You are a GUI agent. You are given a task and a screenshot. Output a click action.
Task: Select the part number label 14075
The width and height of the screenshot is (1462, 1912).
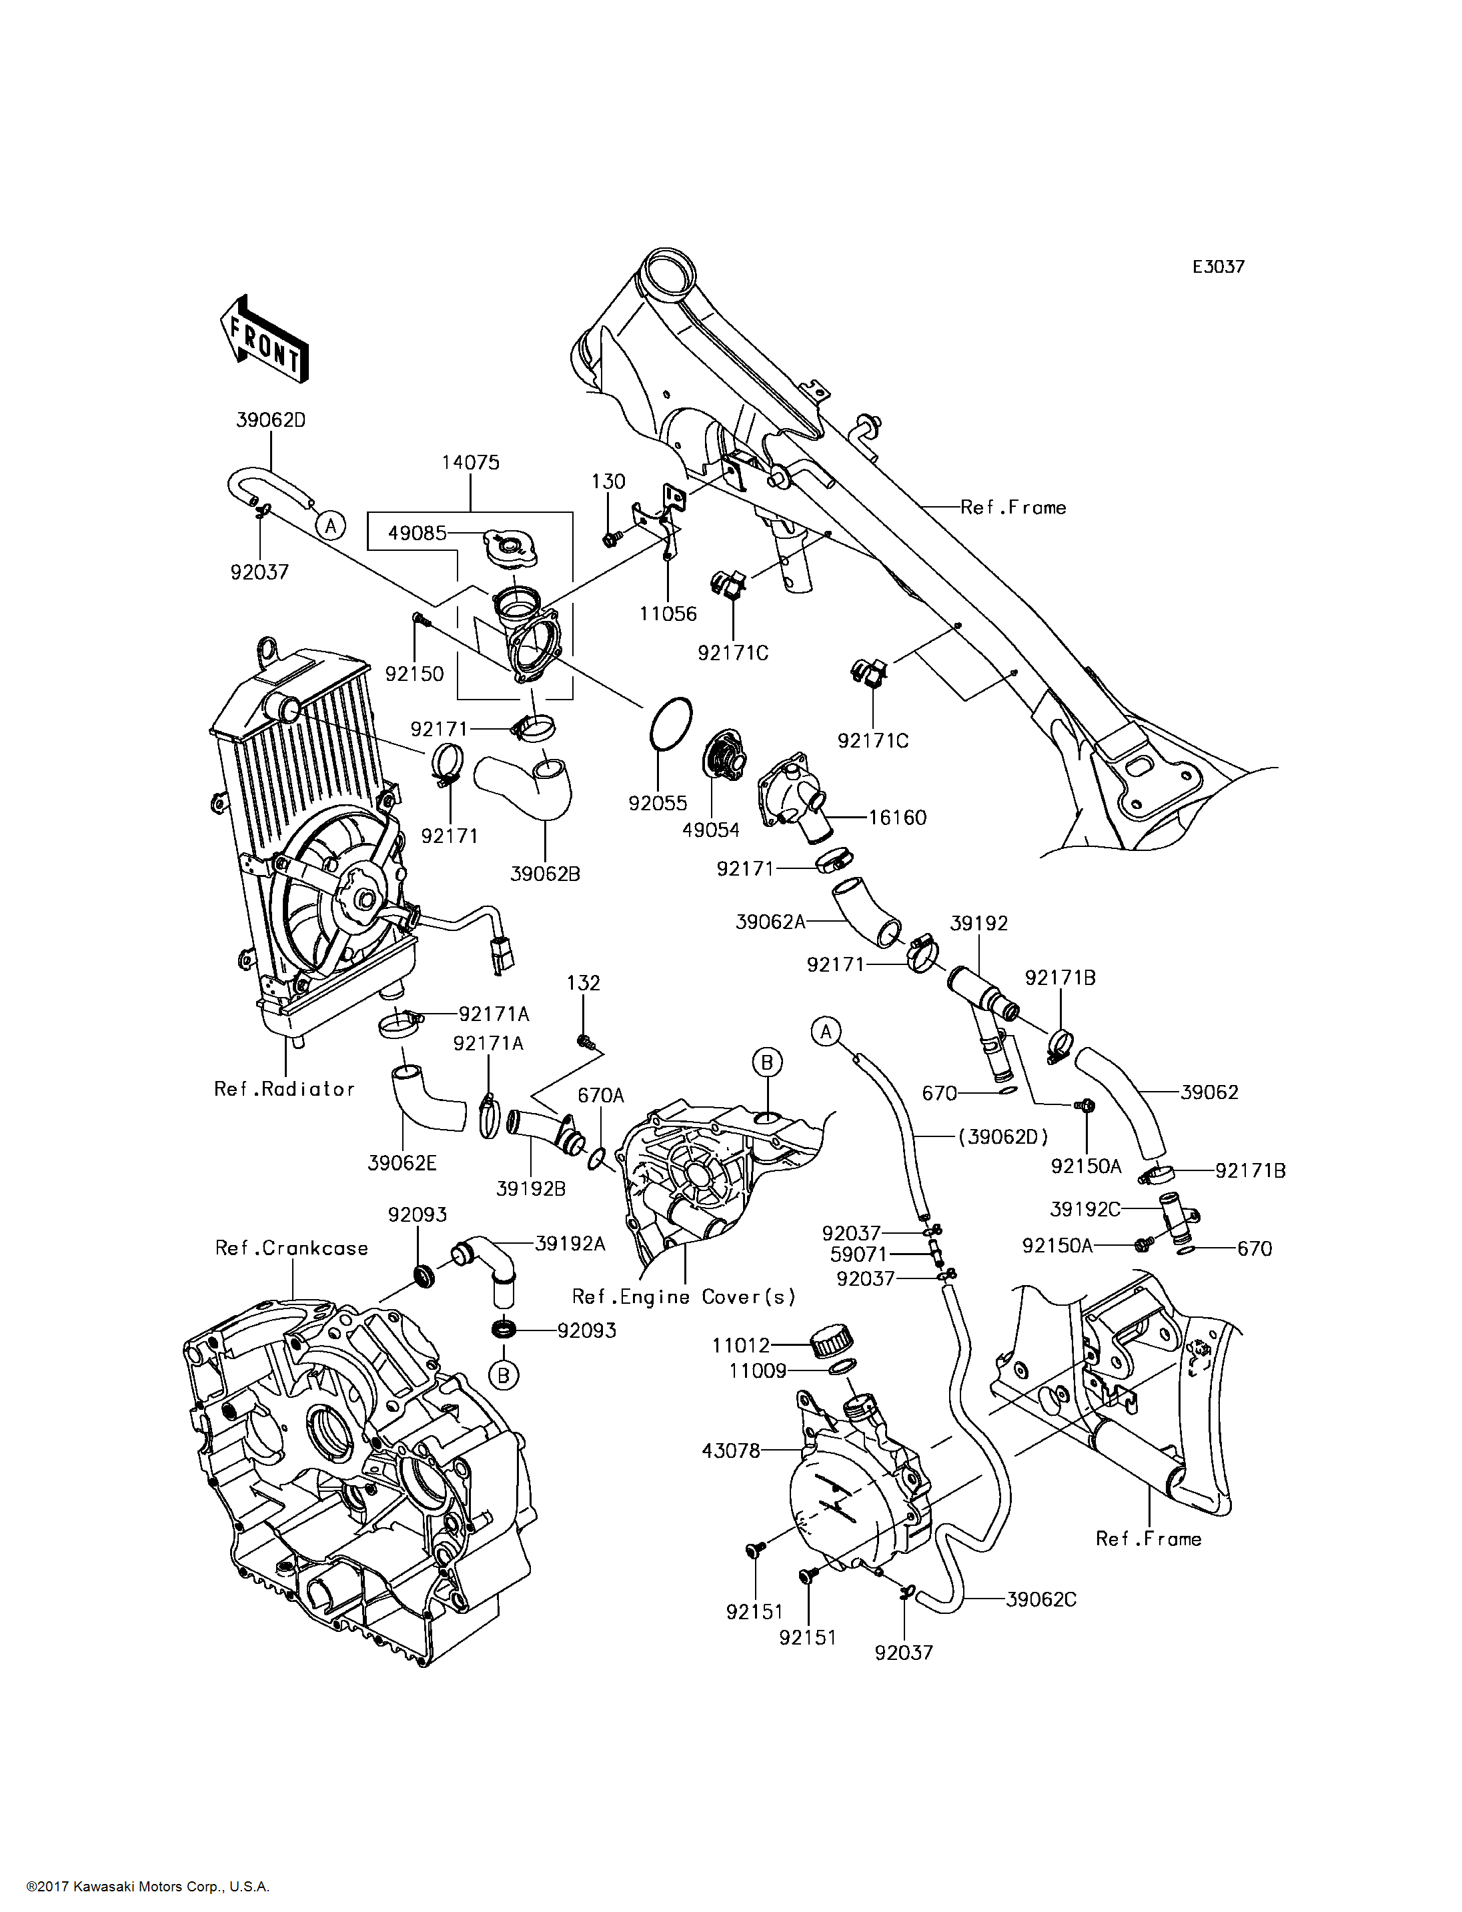point(470,462)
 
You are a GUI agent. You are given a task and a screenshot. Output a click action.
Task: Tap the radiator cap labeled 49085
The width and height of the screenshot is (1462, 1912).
point(508,547)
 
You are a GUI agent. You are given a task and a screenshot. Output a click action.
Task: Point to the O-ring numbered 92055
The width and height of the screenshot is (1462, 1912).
point(670,722)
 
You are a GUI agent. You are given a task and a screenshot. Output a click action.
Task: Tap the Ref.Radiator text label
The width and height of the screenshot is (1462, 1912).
point(285,1089)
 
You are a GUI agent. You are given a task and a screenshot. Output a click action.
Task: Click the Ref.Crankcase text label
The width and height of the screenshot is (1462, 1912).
point(291,1248)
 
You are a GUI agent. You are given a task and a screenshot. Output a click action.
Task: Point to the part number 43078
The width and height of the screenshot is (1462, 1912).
point(731,1451)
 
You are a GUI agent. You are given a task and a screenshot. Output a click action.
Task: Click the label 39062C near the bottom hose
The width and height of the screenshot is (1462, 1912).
point(1040,1600)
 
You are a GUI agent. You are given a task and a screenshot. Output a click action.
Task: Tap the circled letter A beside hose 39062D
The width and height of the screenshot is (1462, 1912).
point(330,526)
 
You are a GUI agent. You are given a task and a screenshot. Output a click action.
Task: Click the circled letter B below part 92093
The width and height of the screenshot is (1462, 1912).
point(503,1375)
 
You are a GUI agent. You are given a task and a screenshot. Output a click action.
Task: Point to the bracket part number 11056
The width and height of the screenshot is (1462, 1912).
point(668,614)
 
